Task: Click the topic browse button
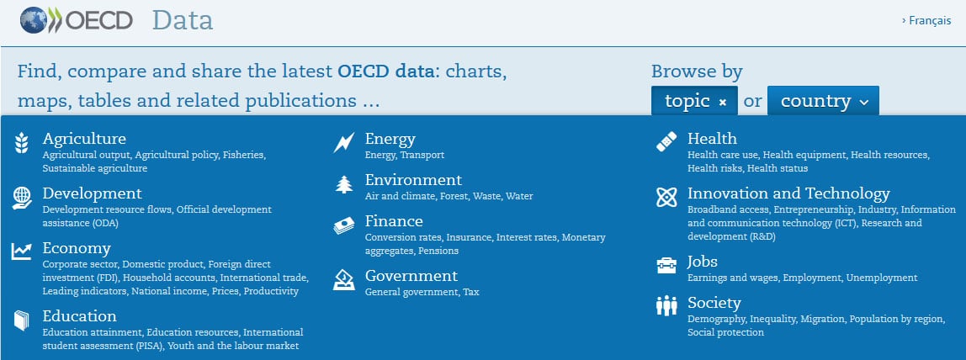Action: [694, 101]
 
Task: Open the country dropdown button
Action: [823, 101]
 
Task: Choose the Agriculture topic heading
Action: [84, 139]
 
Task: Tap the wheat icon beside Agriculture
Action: [22, 144]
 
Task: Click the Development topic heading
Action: [92, 193]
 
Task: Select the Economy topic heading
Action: [77, 248]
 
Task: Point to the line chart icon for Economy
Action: [22, 251]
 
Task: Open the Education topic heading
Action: [79, 316]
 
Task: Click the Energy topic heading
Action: [390, 139]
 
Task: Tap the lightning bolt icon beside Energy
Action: [343, 143]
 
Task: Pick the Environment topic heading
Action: [413, 180]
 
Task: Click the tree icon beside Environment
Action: [343, 185]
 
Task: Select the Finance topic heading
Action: [394, 221]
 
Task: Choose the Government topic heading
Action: [411, 276]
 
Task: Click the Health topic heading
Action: [712, 139]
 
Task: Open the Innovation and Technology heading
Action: [788, 193]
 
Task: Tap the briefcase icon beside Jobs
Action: [666, 266]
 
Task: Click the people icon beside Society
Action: [666, 307]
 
